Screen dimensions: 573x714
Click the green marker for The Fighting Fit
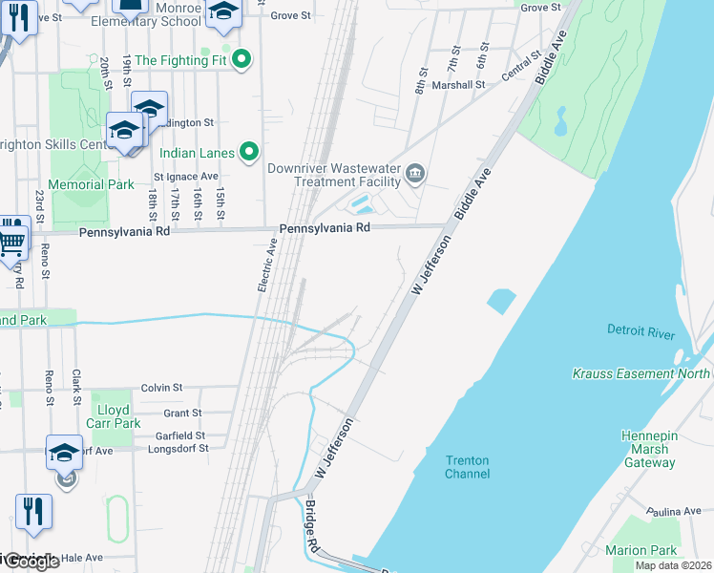tap(241, 60)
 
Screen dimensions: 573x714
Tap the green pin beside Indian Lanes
tap(249, 152)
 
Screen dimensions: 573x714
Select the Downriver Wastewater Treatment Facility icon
tap(415, 173)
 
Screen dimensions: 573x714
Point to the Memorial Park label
tap(92, 184)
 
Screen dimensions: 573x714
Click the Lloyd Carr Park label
tap(113, 416)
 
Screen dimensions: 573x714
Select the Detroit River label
tap(640, 331)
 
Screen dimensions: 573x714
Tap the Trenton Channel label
tap(467, 467)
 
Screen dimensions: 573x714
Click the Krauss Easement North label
tap(640, 373)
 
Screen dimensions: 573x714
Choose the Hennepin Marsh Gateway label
tap(649, 449)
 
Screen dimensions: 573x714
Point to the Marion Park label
tap(640, 550)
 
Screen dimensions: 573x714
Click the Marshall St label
tap(458, 85)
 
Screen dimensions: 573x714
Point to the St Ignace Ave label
tap(186, 177)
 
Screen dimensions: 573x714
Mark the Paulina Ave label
tap(674, 512)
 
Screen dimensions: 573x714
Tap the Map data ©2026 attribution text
tap(673, 565)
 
